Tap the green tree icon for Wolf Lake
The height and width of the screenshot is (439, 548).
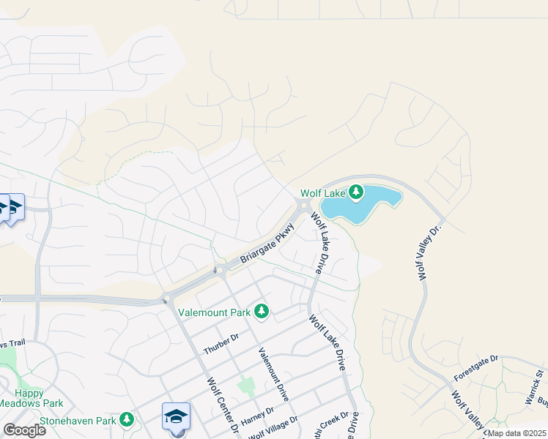coord(356,192)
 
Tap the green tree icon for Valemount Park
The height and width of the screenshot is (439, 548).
coord(262,312)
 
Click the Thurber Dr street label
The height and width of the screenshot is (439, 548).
coord(221,344)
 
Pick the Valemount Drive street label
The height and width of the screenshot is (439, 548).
coord(273,373)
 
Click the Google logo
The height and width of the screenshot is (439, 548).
coord(24,429)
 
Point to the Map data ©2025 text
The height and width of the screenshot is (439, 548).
coord(517,433)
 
